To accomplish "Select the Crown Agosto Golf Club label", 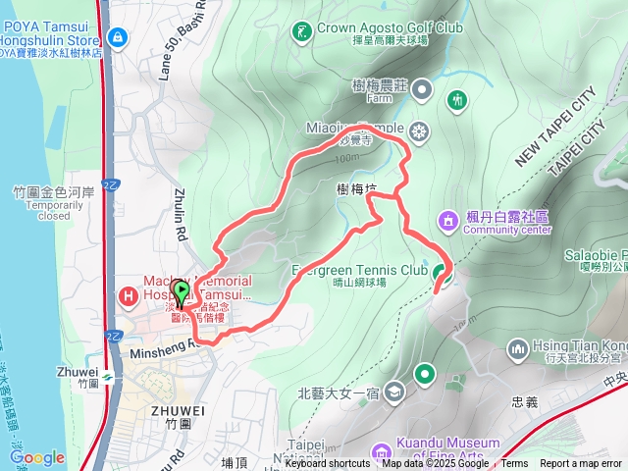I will (389, 28).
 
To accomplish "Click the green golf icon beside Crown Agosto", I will (300, 28).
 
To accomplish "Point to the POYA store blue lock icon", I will (118, 37).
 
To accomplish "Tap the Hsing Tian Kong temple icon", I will (518, 348).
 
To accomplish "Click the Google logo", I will (36, 458).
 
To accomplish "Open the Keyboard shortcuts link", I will (328, 464).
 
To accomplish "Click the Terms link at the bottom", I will (514, 464).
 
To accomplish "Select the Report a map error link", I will (581, 464).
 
